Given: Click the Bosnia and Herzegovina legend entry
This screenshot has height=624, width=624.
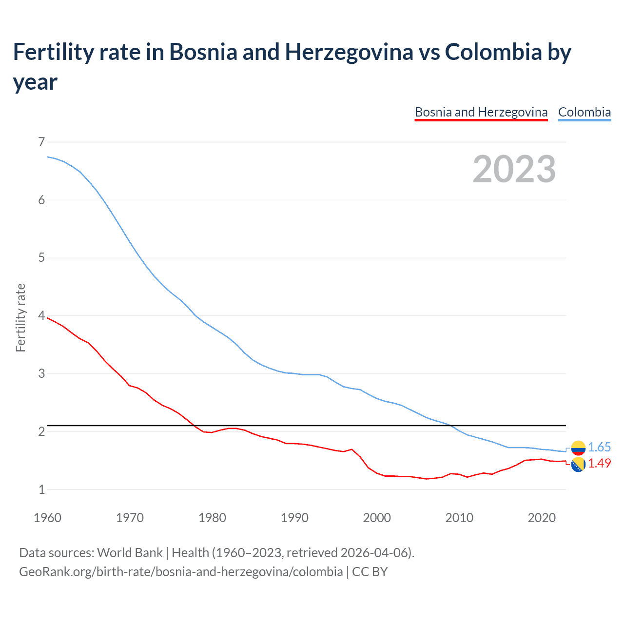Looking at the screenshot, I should coord(481,112).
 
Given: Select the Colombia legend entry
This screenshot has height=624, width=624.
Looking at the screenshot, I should coord(584,112).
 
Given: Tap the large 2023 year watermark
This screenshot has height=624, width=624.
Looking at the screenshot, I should coord(514,169).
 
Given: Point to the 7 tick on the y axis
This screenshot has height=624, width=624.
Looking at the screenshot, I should coord(41,142).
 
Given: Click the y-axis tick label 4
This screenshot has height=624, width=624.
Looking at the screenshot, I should coord(41,316).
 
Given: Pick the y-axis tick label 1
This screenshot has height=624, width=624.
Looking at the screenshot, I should coord(41,489).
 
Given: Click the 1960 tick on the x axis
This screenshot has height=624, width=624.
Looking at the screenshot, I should coord(47,518).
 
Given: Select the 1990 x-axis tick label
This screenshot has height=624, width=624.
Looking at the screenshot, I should coord(294,518).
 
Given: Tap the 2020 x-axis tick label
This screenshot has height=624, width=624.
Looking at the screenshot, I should coord(542,518).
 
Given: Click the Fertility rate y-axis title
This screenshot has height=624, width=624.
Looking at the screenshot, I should coord(20,317).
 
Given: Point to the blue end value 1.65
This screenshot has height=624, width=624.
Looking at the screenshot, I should coord(599,448).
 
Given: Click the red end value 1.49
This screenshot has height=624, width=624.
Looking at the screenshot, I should coord(599,464).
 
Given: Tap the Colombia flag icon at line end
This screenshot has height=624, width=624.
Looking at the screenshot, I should coord(578,448).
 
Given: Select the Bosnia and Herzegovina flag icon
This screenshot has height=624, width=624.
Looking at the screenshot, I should coord(578,465).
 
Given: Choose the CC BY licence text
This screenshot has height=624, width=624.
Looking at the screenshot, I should coord(370,571).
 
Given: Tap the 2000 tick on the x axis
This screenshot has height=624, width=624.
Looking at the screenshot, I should coord(377,518).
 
